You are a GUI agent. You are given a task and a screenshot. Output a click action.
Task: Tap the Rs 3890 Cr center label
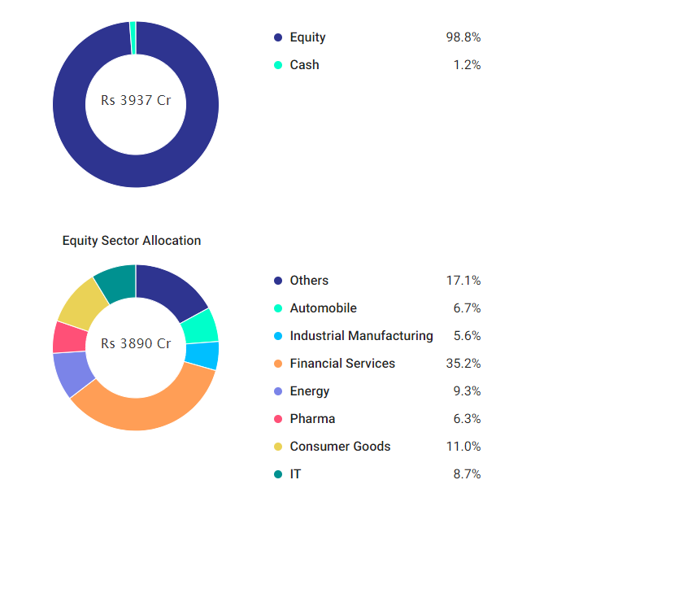(x=136, y=343)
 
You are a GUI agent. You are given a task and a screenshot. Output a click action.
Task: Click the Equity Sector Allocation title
(x=132, y=241)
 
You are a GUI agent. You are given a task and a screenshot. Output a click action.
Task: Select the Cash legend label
(x=304, y=65)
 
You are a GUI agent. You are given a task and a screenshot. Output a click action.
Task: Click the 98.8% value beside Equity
(x=463, y=37)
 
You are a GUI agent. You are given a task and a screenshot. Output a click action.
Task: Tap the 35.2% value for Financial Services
(x=463, y=364)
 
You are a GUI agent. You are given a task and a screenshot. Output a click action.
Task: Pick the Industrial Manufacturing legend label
(x=361, y=336)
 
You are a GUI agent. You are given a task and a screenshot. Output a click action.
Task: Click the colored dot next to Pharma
(x=278, y=419)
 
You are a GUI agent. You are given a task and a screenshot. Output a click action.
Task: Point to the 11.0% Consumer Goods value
(x=463, y=447)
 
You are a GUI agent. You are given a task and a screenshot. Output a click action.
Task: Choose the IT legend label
(x=295, y=474)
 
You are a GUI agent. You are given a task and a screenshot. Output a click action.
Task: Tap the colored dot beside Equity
(x=278, y=37)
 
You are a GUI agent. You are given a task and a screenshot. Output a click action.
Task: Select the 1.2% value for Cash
(x=467, y=65)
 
